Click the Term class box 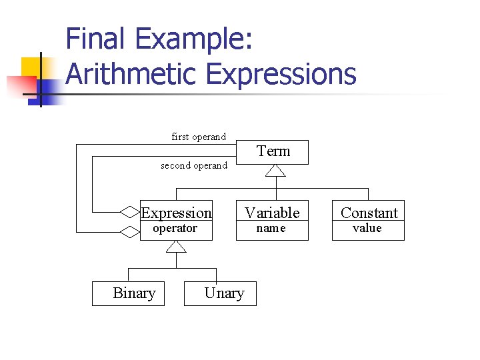(273, 152)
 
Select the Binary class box (128, 293)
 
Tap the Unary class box (220, 293)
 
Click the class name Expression (176, 213)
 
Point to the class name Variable (272, 213)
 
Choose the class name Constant (369, 213)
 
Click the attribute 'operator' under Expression (175, 229)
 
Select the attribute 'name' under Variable (271, 229)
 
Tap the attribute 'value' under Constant (367, 229)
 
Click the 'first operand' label (199, 137)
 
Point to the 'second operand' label (194, 165)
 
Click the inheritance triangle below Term (275, 171)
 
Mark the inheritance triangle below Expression (176, 246)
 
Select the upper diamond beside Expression (129, 212)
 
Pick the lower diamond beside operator (129, 232)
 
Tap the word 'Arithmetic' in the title (131, 74)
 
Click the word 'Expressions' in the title (281, 74)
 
